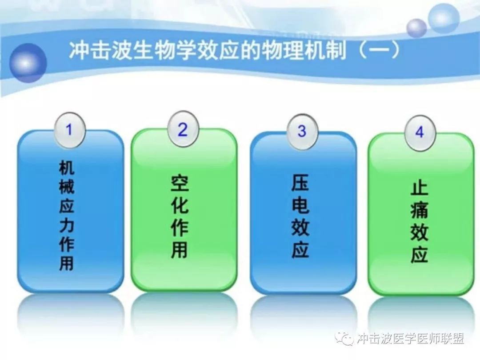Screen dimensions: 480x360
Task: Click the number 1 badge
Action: point(69,130)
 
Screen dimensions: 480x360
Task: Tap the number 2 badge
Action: point(183,129)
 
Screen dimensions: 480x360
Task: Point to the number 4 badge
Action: point(420,132)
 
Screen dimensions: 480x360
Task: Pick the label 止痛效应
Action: point(419,223)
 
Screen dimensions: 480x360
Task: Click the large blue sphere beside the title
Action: point(28,63)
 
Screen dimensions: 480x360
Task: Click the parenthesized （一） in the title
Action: point(378,50)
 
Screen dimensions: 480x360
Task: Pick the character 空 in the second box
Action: point(180,184)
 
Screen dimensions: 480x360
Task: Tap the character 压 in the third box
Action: point(300,183)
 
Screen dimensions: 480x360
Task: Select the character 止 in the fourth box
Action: point(419,189)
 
